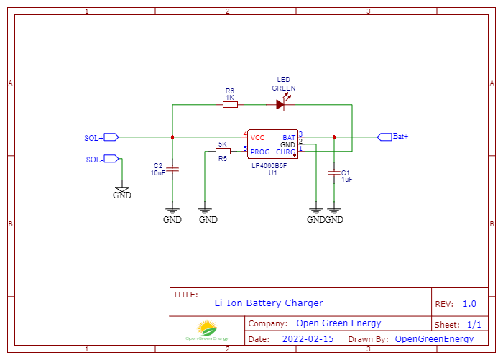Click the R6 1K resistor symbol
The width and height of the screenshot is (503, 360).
pyautogui.click(x=230, y=104)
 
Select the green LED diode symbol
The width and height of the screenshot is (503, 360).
pyautogui.click(x=280, y=104)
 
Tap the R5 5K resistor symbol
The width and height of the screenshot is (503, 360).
pyautogui.click(x=223, y=151)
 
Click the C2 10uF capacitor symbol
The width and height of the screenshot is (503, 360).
pyautogui.click(x=172, y=170)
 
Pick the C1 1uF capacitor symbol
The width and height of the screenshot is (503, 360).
pyautogui.click(x=334, y=172)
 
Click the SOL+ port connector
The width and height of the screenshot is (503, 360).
pyautogui.click(x=111, y=137)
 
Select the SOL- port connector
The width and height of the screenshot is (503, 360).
pyautogui.click(x=111, y=159)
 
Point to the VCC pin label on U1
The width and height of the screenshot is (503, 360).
pyautogui.click(x=257, y=137)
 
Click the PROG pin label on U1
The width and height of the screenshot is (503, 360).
pyautogui.click(x=260, y=152)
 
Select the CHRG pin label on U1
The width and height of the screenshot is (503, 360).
pyautogui.click(x=285, y=152)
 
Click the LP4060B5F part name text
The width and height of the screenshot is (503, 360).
pyautogui.click(x=269, y=165)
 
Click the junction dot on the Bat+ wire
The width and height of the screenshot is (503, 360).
pyautogui.click(x=334, y=137)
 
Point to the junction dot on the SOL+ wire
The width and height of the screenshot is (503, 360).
pyautogui.click(x=172, y=137)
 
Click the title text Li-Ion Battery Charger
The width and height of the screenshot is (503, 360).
pyautogui.click(x=269, y=303)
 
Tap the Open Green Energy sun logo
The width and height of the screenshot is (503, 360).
pyautogui.click(x=208, y=331)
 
